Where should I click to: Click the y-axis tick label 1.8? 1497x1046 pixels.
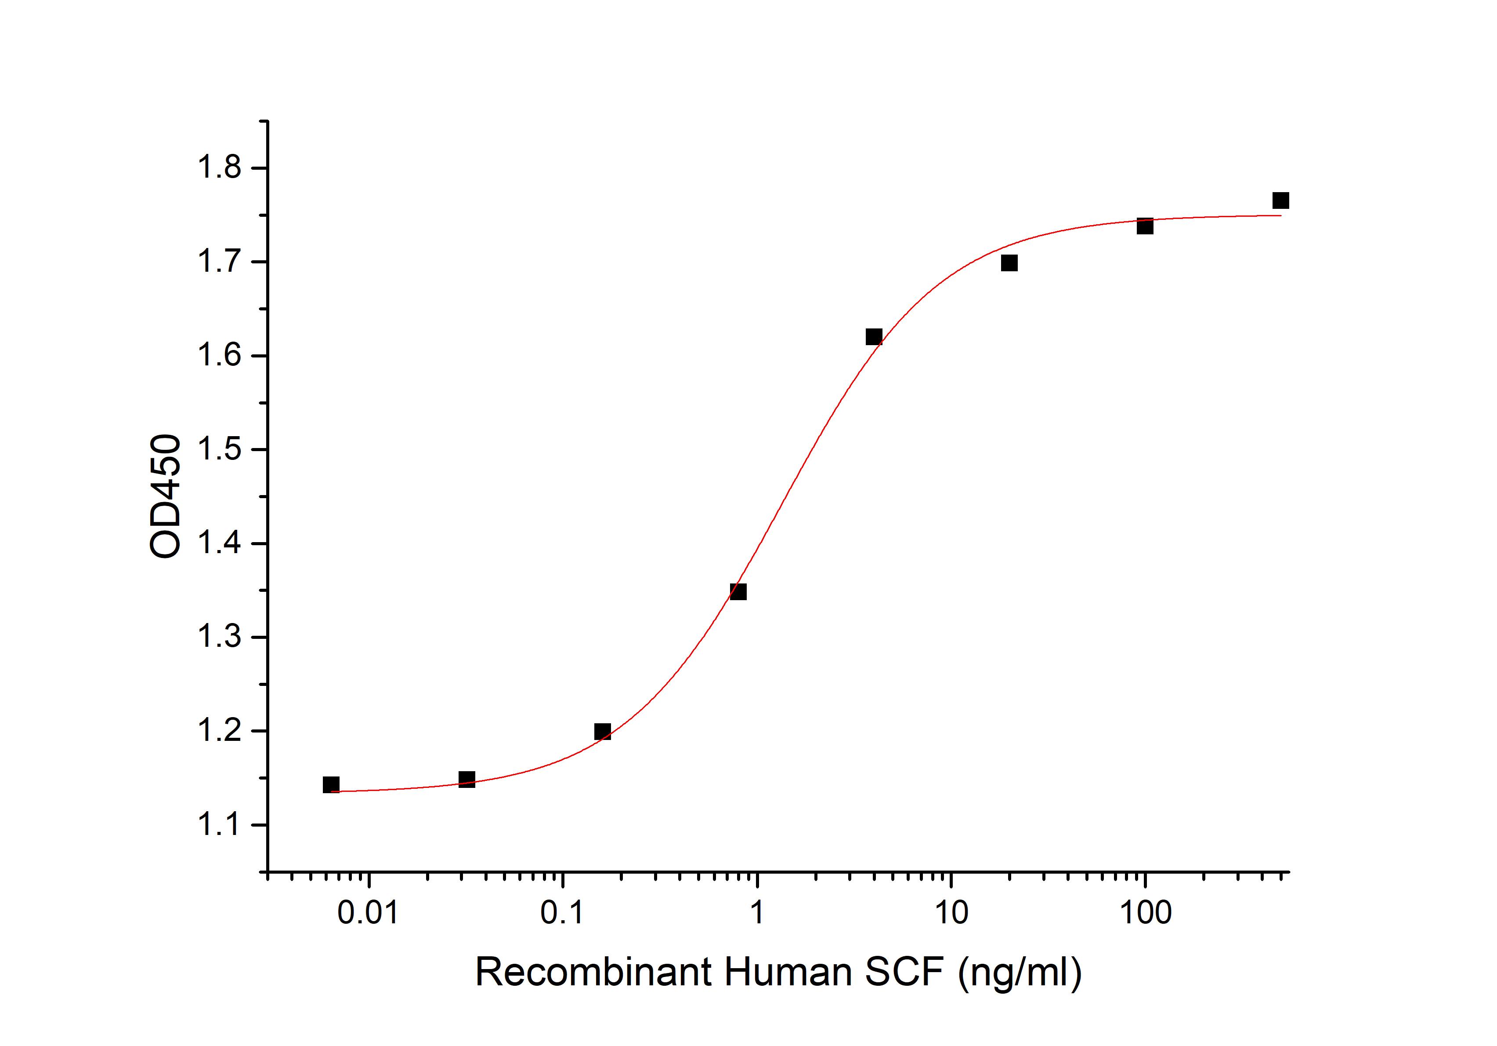pyautogui.click(x=219, y=169)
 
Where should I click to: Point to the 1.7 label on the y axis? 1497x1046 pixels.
pyautogui.click(x=219, y=263)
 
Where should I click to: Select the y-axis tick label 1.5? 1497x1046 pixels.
pyautogui.click(x=219, y=450)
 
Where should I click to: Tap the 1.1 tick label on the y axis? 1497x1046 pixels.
pyautogui.click(x=219, y=825)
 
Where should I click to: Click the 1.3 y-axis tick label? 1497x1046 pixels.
pyautogui.click(x=219, y=638)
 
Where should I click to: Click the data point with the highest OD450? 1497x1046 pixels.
pyautogui.click(x=1280, y=200)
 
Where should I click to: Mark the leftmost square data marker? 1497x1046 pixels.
pyautogui.click(x=331, y=784)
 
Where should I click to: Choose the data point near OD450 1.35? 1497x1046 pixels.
pyautogui.click(x=738, y=592)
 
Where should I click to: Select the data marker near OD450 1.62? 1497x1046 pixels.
pyautogui.click(x=874, y=337)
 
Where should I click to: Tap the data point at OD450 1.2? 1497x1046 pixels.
pyautogui.click(x=603, y=732)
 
